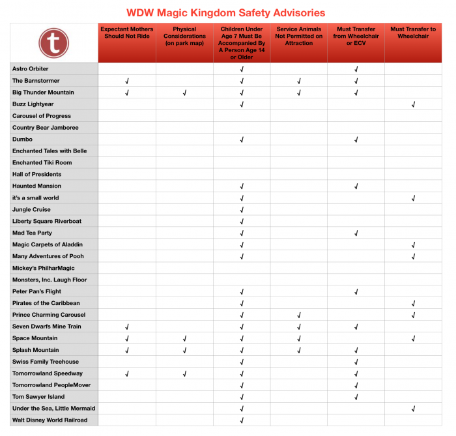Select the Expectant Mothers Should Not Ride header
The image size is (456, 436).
pos(127,33)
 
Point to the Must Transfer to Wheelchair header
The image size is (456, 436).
pos(413,33)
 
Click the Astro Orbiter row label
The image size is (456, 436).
pos(31,69)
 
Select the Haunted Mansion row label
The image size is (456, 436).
pos(36,186)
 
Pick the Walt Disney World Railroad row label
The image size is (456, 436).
pos(50,420)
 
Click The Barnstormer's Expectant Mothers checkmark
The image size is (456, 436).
pos(127,81)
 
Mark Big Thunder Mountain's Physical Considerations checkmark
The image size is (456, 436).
pos(184,93)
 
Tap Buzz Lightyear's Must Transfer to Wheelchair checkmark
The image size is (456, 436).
pos(413,104)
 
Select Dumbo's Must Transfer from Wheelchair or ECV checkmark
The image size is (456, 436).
pos(356,139)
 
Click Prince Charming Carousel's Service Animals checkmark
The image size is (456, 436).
pos(299,315)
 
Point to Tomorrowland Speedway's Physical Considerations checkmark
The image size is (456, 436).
pos(184,373)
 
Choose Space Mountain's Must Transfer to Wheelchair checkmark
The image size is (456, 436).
pos(413,338)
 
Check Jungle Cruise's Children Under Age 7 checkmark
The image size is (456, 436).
pos(242,210)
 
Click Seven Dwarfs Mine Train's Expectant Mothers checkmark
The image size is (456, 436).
pos(127,327)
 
